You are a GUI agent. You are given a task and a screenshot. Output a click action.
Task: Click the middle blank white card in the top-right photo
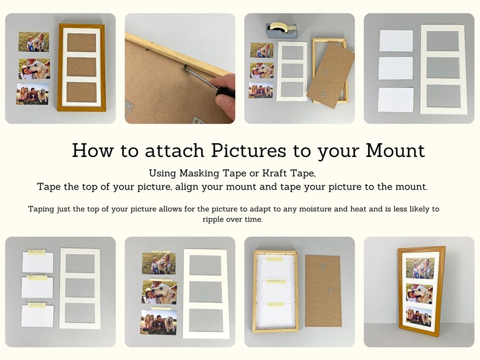[x=395, y=68]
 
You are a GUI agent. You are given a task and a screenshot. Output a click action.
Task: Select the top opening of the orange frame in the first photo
[x=81, y=42]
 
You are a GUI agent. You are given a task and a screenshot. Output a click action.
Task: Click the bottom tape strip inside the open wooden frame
[x=275, y=303]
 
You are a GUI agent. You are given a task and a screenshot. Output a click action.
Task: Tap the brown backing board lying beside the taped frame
[x=325, y=288]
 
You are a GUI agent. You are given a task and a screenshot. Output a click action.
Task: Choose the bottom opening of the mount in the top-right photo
[x=443, y=95]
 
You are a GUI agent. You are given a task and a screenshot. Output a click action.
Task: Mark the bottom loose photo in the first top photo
[x=33, y=94]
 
